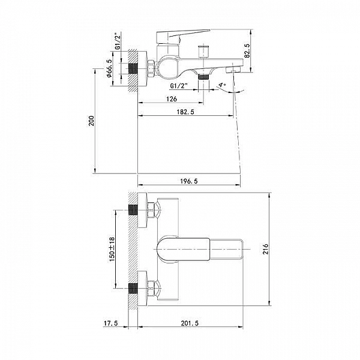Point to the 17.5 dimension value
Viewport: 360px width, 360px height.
click(x=110, y=323)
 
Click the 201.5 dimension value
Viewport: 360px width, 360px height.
click(x=190, y=323)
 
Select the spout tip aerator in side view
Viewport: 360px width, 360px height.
click(x=235, y=70)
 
